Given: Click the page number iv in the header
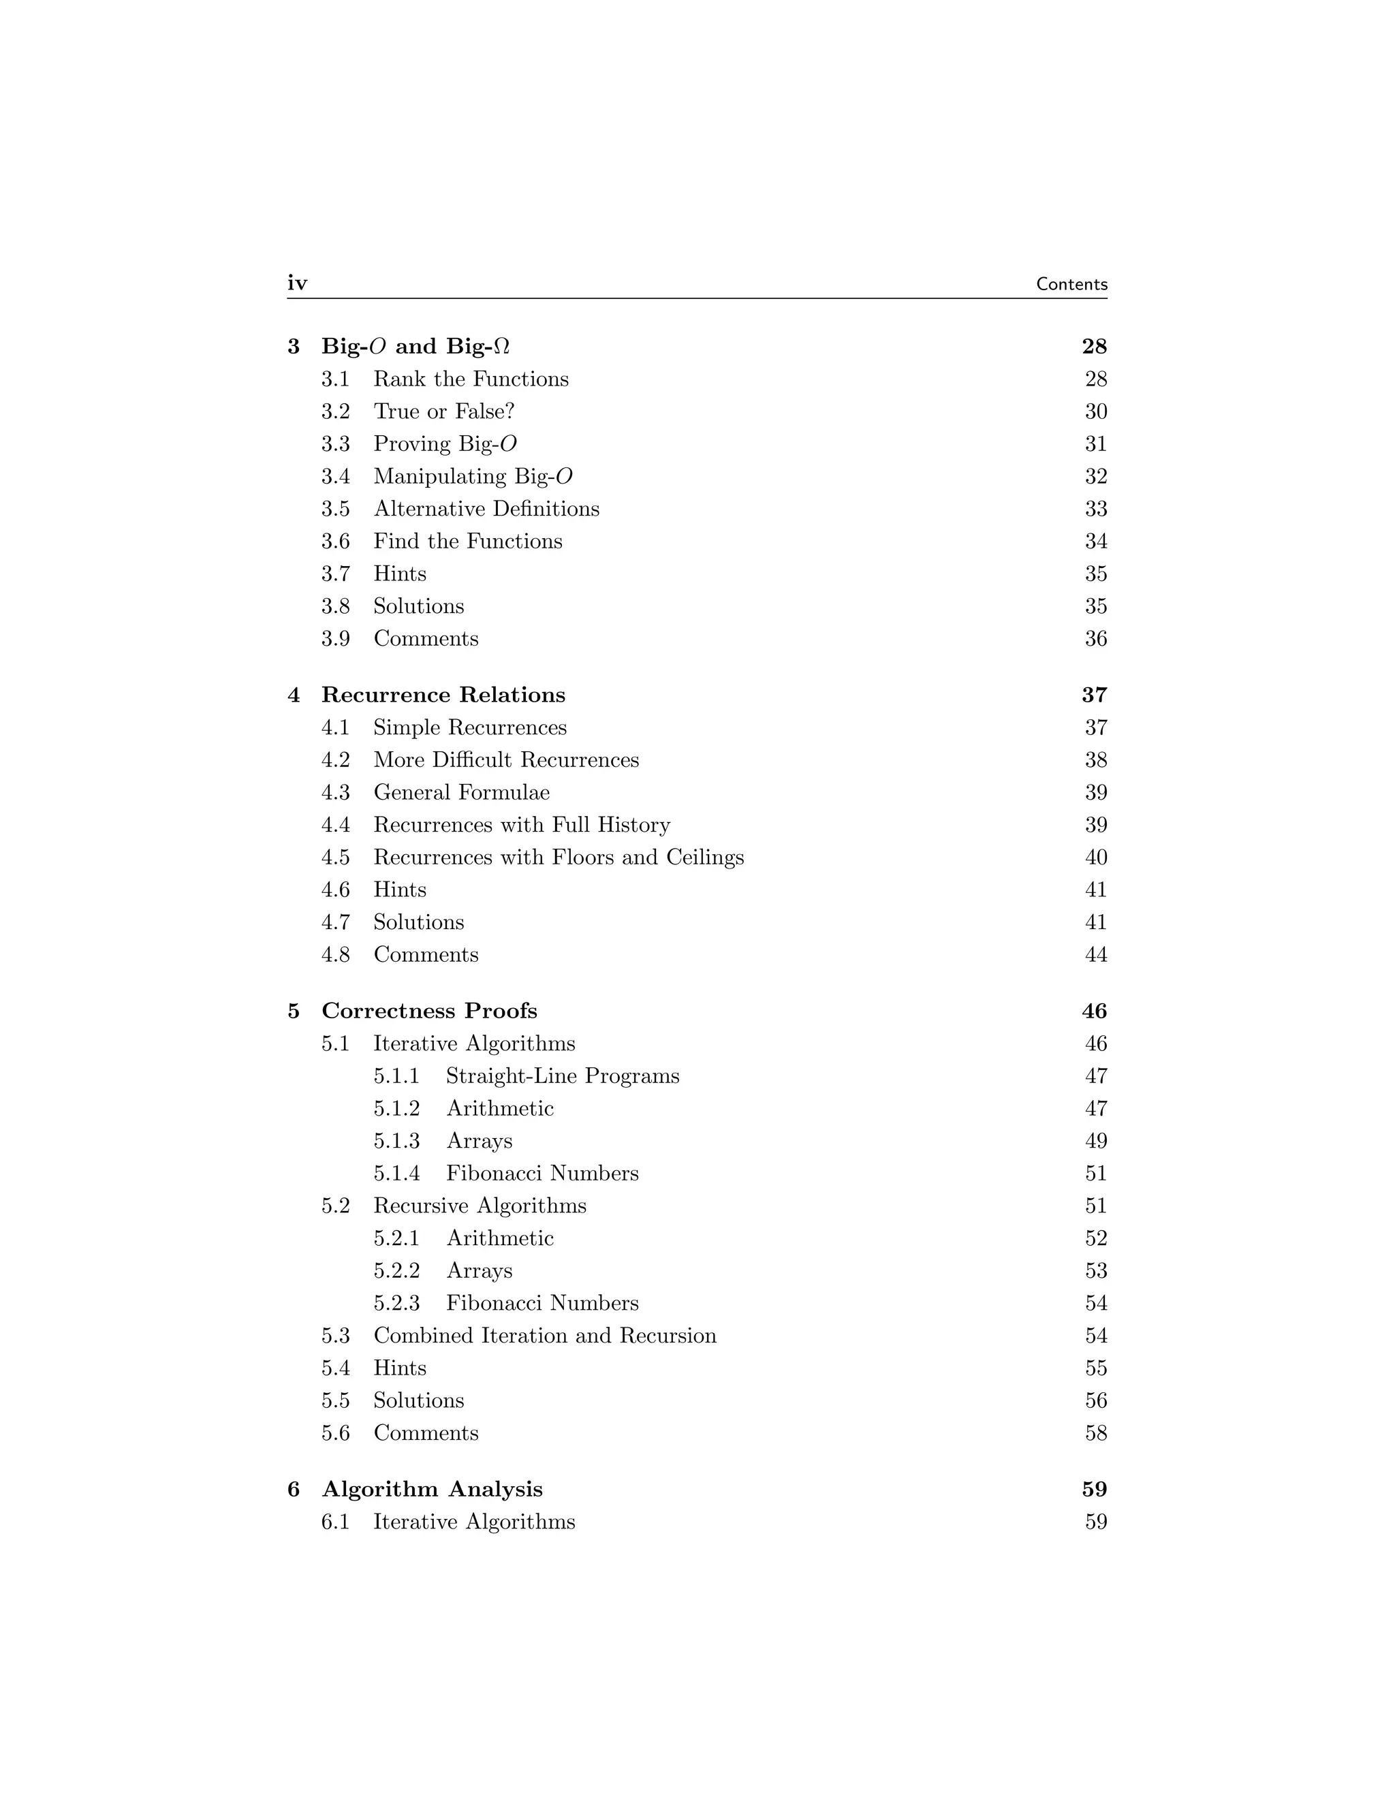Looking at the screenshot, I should tap(297, 283).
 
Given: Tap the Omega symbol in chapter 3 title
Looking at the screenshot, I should tap(501, 346).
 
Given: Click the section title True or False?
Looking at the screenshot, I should tap(444, 411).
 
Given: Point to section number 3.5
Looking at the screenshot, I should tap(336, 509).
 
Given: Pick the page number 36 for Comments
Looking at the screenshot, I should tap(1095, 639).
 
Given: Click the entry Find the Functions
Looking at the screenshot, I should tap(468, 541).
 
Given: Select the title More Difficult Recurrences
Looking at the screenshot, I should tap(506, 760).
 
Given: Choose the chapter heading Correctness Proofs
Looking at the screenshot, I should tap(429, 1011).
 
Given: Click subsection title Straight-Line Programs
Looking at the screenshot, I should tap(562, 1076).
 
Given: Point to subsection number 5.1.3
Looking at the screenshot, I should tap(396, 1142).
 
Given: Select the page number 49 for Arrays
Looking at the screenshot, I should tap(1095, 1142).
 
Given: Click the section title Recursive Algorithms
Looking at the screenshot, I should tap(480, 1206).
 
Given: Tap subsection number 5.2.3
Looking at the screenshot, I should tap(396, 1303).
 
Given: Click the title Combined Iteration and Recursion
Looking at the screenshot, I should tap(545, 1336).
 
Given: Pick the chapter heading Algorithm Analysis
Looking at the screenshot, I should tap(433, 1489).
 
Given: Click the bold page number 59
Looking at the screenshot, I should tap(1094, 1489).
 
